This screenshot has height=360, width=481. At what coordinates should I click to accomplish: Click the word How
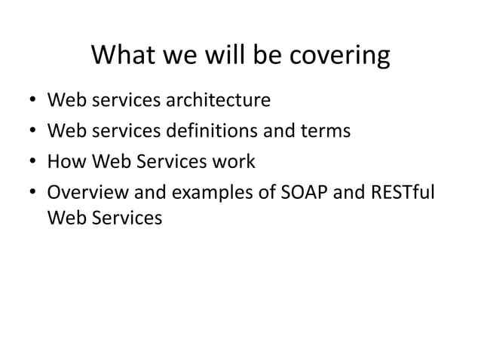[x=65, y=162]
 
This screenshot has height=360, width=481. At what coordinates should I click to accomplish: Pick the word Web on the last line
[x=64, y=218]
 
